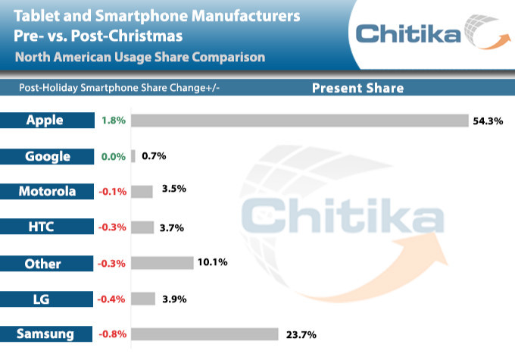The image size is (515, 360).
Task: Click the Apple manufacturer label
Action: point(45,121)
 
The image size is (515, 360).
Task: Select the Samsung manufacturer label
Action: point(45,334)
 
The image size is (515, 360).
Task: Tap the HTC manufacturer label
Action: point(45,227)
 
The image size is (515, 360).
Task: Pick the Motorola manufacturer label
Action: point(45,192)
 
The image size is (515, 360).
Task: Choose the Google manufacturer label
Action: point(45,156)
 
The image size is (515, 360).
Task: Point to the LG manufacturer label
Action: point(45,299)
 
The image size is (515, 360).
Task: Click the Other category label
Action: point(45,263)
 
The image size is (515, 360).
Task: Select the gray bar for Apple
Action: point(300,121)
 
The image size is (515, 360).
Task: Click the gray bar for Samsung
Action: point(205,334)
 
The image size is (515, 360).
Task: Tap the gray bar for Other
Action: point(162,263)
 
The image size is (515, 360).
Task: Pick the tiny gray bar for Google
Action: point(133,156)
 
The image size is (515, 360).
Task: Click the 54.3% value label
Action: point(488,121)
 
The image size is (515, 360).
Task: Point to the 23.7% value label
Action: point(300,334)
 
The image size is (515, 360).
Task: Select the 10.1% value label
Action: point(213,263)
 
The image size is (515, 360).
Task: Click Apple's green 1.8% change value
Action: point(111,121)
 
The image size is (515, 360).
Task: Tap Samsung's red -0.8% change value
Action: point(111,334)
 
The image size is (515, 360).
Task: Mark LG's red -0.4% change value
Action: point(111,299)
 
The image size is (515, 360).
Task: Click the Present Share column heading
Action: point(358,88)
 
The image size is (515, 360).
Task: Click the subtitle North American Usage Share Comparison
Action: point(139,57)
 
